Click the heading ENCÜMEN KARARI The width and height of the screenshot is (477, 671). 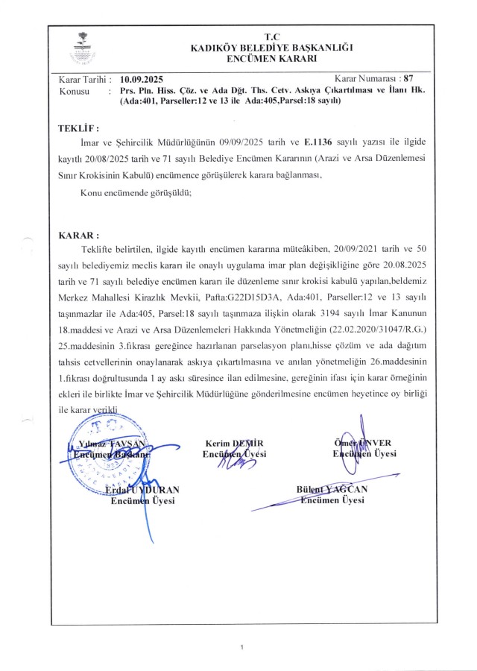(x=271, y=58)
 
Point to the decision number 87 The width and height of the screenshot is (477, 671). (x=408, y=78)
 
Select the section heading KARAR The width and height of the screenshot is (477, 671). (x=78, y=234)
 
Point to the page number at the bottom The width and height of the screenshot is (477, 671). (x=242, y=647)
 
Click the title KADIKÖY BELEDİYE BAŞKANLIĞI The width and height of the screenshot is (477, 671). (x=271, y=47)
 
